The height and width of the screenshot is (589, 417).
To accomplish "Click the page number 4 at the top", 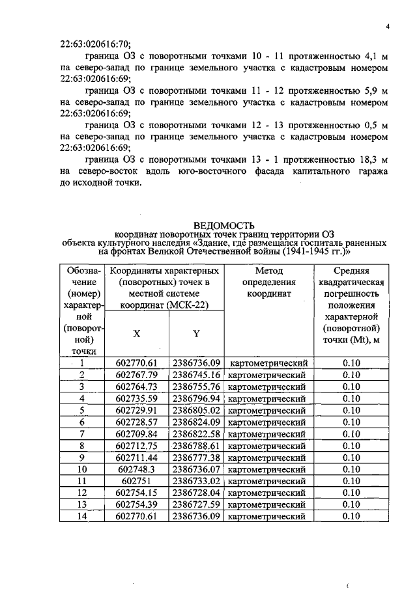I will click(x=387, y=27).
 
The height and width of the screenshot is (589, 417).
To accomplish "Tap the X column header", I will click(x=137, y=333).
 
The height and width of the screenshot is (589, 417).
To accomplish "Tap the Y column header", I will click(x=196, y=333).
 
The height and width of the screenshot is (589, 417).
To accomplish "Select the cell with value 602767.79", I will click(x=137, y=375).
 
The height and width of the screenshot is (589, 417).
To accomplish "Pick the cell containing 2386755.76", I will click(x=196, y=387).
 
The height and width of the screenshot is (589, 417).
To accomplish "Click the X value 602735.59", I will click(x=137, y=398).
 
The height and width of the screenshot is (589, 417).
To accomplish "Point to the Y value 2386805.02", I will click(x=196, y=410).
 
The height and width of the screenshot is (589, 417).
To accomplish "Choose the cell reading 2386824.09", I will click(x=196, y=422).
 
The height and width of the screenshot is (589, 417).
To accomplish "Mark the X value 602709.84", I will click(x=137, y=433).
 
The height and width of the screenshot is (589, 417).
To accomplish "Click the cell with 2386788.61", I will click(x=196, y=446).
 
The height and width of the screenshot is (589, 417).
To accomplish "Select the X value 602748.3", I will click(x=137, y=469).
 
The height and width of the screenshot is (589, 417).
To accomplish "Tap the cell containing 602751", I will click(x=137, y=481).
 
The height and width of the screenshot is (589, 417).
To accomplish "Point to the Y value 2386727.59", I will click(x=196, y=504).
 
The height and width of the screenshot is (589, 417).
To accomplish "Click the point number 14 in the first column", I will click(x=82, y=516).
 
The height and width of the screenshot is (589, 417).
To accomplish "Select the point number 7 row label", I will click(x=82, y=433).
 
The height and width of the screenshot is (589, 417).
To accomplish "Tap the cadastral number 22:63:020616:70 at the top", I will click(x=96, y=45).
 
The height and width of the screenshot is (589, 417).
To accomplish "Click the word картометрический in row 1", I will click(x=268, y=363).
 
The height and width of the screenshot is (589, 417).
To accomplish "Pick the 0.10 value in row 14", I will click(x=351, y=516).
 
